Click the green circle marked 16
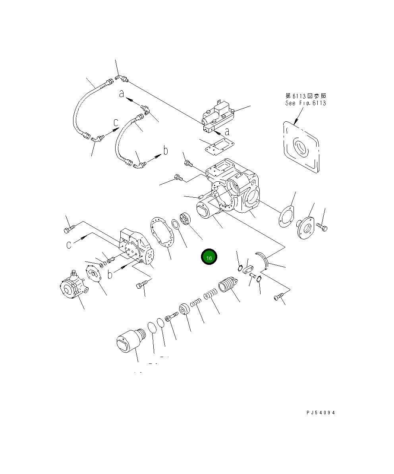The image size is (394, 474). point(209,257)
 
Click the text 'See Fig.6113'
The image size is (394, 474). point(305,103)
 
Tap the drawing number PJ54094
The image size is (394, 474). point(321,413)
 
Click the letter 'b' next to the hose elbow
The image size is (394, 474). point(166,151)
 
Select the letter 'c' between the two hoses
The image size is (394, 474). point(116,122)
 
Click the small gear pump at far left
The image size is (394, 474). point(73,287)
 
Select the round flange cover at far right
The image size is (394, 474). point(306,228)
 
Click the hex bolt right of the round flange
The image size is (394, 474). point(322,227)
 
